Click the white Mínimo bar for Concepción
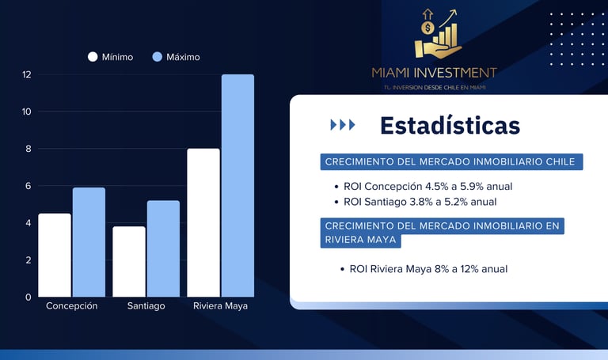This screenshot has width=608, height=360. [x=55, y=255]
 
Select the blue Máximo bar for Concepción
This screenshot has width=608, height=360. [x=89, y=242]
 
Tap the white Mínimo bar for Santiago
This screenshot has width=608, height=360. [x=129, y=261]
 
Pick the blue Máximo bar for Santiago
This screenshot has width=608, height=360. [x=163, y=248]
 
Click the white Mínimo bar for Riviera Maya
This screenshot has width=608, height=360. [x=203, y=222]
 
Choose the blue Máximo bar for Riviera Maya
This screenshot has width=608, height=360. [x=237, y=185]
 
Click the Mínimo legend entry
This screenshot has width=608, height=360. [x=110, y=57]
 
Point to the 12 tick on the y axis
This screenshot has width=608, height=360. [x=26, y=74]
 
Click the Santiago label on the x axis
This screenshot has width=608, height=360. [x=146, y=306]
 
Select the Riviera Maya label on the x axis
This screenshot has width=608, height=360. [x=220, y=306]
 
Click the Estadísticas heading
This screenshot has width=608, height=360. [x=450, y=125]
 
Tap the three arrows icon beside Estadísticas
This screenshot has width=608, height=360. [x=342, y=125]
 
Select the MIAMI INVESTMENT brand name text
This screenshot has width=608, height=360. [x=435, y=73]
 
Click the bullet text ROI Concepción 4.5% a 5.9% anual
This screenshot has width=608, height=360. [x=427, y=187]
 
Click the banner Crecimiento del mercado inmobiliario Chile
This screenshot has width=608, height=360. [x=451, y=161]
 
